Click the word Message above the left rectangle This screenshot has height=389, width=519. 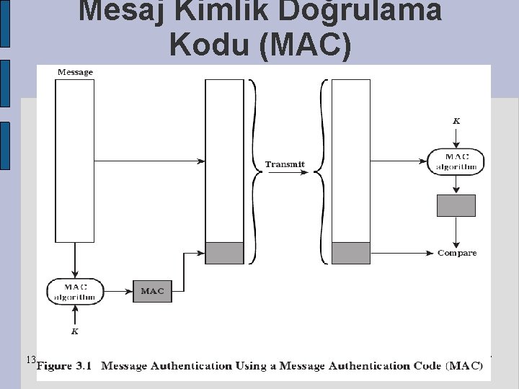pyautogui.click(x=75, y=72)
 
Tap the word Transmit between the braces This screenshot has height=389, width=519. pyautogui.click(x=285, y=164)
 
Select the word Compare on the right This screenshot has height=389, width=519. pyautogui.click(x=457, y=253)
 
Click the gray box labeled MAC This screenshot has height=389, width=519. pyautogui.click(x=152, y=291)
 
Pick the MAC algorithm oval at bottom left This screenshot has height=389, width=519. pyautogui.click(x=76, y=291)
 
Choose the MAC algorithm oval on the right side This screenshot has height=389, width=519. pyautogui.click(x=456, y=162)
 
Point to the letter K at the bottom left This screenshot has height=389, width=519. pyautogui.click(x=74, y=331)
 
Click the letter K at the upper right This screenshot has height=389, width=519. pyautogui.click(x=456, y=121)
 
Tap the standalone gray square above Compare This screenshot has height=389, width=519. pyautogui.click(x=456, y=205)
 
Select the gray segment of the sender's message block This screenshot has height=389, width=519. pyautogui.click(x=225, y=253)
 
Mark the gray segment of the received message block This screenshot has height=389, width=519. pyautogui.click(x=351, y=253)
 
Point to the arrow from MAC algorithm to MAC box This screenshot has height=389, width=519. pyautogui.click(x=119, y=291)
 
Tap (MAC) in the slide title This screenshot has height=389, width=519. pyautogui.click(x=306, y=44)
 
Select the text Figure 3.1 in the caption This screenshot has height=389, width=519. pyautogui.click(x=65, y=365)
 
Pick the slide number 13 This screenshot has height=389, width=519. pyautogui.click(x=30, y=359)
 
